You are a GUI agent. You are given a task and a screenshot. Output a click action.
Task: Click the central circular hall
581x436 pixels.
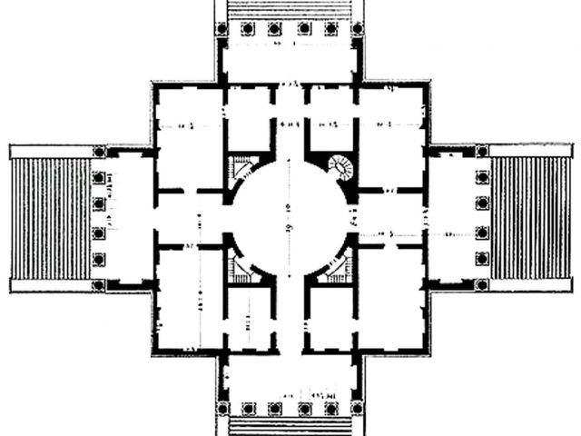point(290,216)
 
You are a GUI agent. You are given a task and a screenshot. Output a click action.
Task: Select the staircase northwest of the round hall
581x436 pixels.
point(239,168)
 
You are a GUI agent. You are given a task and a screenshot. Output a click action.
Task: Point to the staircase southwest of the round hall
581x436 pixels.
point(239,265)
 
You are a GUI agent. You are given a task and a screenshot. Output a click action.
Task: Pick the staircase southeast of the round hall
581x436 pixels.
point(341,265)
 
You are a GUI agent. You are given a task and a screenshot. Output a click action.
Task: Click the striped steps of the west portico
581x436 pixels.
point(51,218)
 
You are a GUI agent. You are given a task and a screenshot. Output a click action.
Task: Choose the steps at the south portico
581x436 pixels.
point(290,425)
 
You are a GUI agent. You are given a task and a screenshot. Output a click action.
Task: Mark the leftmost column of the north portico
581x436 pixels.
point(224,28)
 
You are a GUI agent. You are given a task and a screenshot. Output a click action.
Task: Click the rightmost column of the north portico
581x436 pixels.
point(357,28)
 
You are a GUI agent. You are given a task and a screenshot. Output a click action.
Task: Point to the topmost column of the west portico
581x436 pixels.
point(99,152)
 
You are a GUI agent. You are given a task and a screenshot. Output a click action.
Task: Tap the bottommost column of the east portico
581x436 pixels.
point(481,284)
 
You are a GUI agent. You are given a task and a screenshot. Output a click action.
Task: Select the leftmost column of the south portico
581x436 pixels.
point(224,408)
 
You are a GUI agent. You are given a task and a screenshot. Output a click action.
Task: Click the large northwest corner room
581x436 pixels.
point(189,136)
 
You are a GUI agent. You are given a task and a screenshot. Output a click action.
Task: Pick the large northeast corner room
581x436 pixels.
point(391,136)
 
